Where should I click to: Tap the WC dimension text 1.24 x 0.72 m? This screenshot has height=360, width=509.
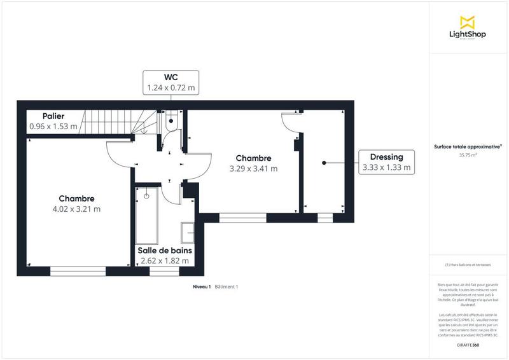tap(171, 87)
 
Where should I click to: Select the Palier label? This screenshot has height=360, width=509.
tap(53, 116)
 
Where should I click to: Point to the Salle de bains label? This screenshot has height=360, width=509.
tap(165, 250)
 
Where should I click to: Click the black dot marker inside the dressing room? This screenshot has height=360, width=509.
tap(324, 163)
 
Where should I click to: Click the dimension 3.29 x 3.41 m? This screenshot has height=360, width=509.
tap(254, 169)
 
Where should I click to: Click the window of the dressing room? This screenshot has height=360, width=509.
tap(325, 218)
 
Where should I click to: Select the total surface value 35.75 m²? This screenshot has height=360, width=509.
tap(468, 155)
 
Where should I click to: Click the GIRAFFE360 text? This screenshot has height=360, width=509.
tap(468, 345)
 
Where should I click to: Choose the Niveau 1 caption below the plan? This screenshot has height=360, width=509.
tap(202, 287)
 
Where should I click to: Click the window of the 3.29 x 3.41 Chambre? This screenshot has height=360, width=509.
tap(242, 218)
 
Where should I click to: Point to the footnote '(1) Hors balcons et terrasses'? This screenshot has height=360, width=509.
tap(468, 265)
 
